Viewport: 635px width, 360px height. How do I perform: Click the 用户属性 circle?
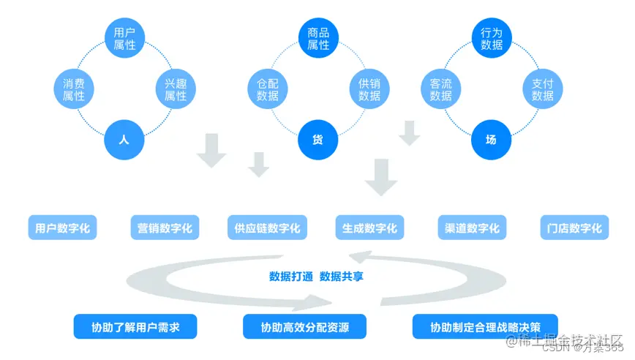[125, 39]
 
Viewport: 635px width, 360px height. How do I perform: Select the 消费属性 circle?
[74, 89]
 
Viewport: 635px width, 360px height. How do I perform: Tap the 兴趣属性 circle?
[176, 89]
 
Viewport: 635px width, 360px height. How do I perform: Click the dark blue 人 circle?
[124, 139]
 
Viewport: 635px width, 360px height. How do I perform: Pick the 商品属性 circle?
[318, 39]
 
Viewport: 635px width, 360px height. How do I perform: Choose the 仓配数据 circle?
[268, 89]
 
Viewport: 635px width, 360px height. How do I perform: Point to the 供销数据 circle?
[369, 89]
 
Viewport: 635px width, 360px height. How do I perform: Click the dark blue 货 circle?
[318, 139]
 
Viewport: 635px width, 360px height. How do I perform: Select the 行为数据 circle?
[492, 39]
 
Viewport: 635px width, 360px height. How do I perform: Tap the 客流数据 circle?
[440, 89]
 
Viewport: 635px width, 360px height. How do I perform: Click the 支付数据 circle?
[542, 89]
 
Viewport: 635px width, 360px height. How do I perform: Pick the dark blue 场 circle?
[491, 139]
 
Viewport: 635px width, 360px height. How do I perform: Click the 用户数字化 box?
[62, 228]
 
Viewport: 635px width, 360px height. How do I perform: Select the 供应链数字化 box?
[267, 228]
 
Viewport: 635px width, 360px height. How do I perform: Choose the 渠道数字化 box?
[472, 228]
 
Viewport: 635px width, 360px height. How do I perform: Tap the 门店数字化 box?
[574, 228]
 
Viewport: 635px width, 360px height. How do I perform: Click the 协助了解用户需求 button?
[126, 327]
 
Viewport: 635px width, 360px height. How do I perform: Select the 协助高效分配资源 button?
[304, 327]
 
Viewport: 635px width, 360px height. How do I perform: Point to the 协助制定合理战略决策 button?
[484, 327]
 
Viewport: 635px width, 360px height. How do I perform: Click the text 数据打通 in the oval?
[291, 277]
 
